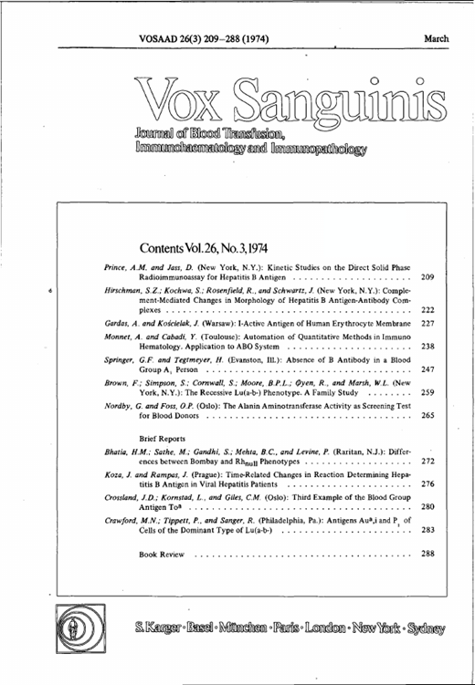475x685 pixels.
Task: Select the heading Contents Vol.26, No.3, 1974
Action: (x=204, y=247)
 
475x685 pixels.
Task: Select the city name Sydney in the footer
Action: (x=424, y=628)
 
